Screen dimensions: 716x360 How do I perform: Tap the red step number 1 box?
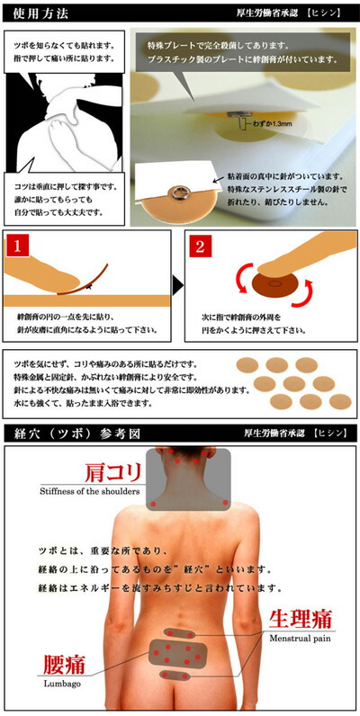click(19, 245)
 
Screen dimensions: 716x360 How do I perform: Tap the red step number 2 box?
click(201, 245)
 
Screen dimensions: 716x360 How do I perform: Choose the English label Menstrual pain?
click(302, 638)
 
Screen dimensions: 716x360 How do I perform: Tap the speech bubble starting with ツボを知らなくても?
click(64, 50)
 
